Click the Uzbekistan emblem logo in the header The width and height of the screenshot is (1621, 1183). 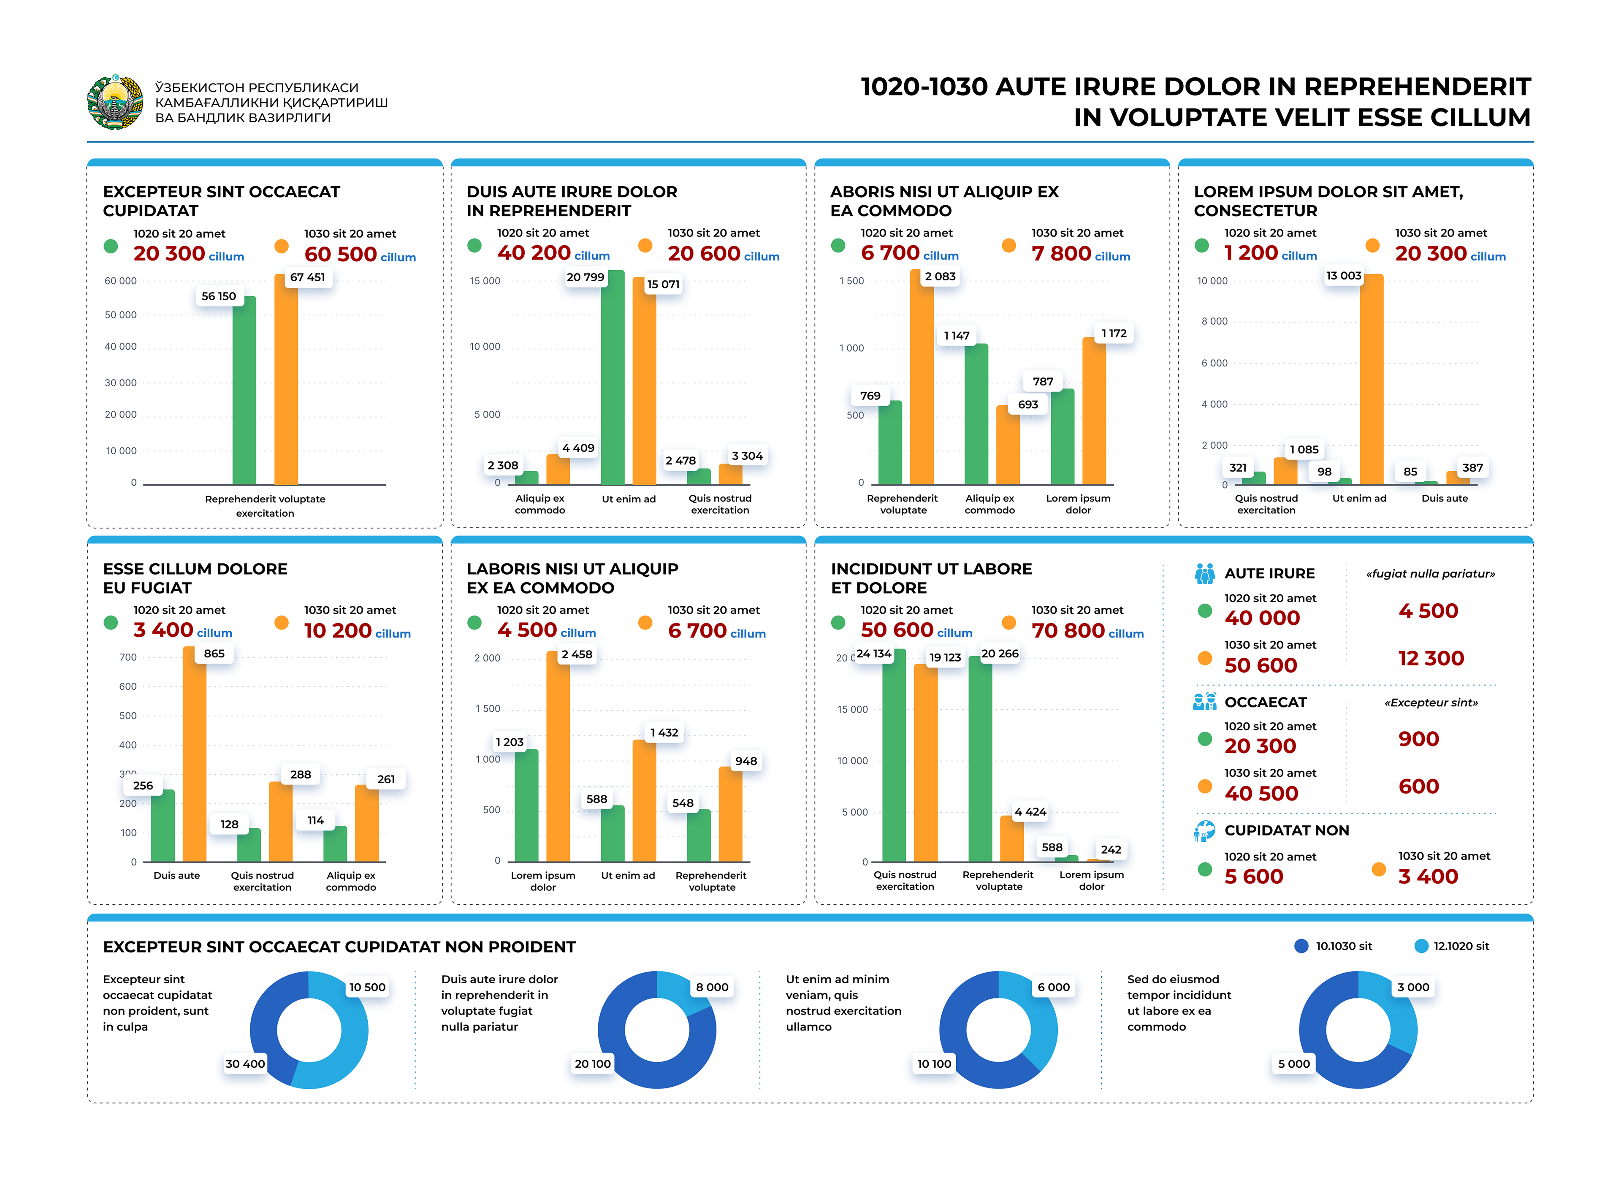114,102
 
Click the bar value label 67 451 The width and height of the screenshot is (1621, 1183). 307,277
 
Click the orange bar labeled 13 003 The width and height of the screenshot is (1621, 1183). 1371,380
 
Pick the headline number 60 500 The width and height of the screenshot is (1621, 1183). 340,254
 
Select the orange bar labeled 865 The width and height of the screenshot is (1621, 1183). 194,755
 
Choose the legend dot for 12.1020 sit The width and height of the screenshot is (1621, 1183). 1421,946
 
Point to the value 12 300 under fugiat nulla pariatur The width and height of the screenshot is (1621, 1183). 1431,658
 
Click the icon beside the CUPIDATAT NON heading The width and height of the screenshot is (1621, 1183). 1204,831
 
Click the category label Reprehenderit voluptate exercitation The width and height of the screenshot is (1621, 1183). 265,505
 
